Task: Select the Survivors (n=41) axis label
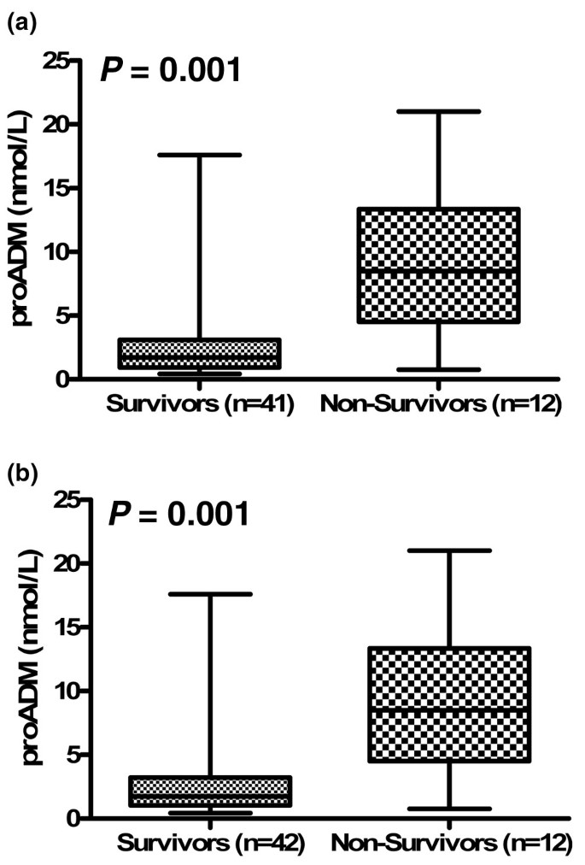pos(200,404)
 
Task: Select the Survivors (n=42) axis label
pos(210,844)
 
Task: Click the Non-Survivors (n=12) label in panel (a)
pos(441,404)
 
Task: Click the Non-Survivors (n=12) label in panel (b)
pos(451,844)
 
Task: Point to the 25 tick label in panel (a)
pos(56,61)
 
